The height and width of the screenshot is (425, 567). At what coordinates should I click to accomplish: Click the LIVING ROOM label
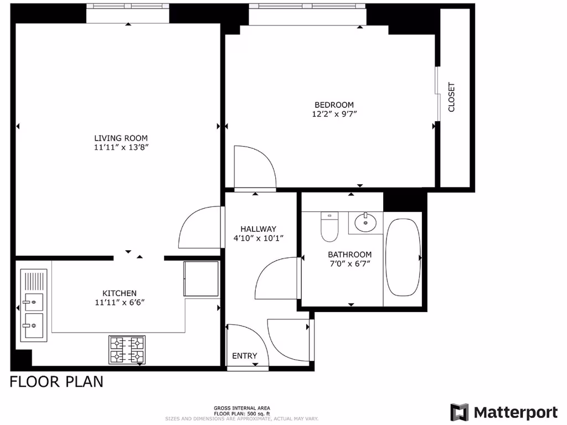point(121,138)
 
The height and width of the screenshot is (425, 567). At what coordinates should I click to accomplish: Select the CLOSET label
point(451,97)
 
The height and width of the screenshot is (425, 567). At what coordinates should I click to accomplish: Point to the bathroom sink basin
point(365,223)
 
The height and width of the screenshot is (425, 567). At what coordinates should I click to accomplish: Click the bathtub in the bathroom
point(403,257)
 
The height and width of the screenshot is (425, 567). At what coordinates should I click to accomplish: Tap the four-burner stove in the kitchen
point(127,350)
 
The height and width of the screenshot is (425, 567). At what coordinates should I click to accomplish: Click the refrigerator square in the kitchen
point(201,278)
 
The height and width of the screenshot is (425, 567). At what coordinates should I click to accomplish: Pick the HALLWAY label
point(258,229)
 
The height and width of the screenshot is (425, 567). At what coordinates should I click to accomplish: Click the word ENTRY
point(244,356)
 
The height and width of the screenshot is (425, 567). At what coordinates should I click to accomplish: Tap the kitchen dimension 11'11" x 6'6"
point(119,302)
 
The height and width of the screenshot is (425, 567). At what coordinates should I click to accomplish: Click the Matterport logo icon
point(459,412)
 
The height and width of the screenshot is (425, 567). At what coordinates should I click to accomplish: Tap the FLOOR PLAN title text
point(56,382)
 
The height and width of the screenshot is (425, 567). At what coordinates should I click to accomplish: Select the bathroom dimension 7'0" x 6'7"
point(349,263)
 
